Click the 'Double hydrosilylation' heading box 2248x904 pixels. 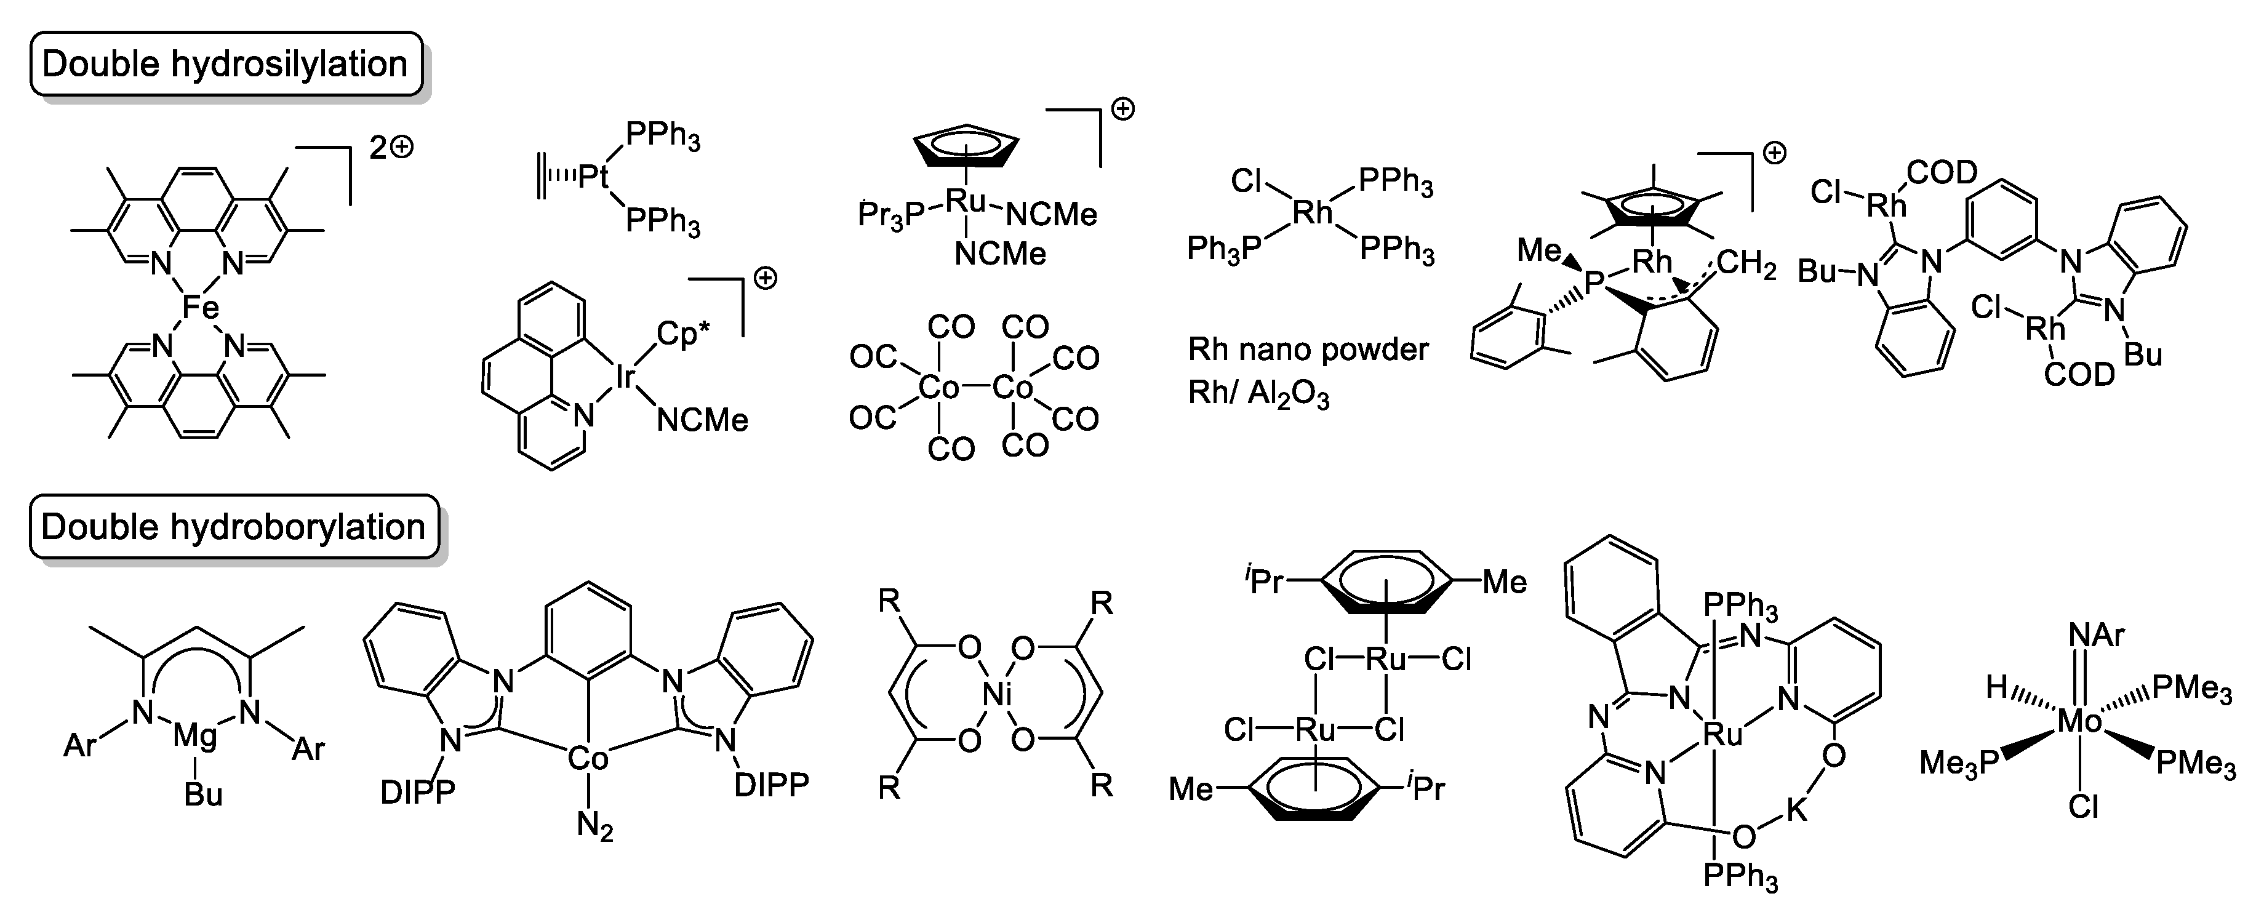[225, 65]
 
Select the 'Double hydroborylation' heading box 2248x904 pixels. [233, 527]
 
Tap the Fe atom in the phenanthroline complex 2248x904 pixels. [200, 306]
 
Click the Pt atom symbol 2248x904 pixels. [593, 177]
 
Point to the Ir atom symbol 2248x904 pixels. [625, 377]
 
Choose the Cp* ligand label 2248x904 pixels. [682, 334]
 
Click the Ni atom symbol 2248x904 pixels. [996, 695]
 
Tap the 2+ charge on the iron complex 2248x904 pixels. [391, 148]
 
